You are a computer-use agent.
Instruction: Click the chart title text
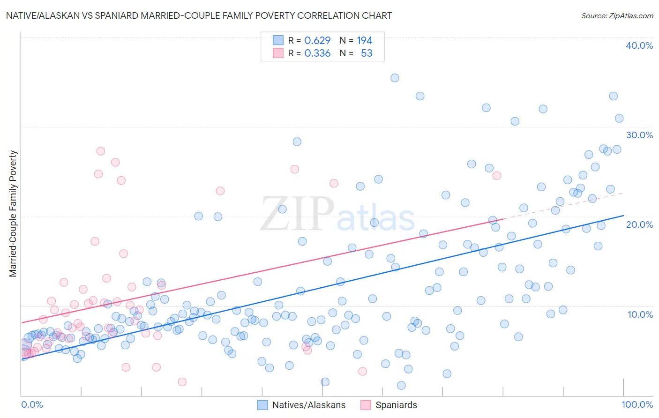coord(199,15)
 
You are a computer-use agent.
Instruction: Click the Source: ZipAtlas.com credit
coord(617,15)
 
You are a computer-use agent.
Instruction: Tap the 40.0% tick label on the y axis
coord(639,45)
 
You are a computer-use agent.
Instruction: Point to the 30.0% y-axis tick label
coord(639,135)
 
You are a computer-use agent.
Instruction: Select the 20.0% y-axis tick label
coord(639,224)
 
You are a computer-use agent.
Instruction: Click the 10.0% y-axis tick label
coord(640,314)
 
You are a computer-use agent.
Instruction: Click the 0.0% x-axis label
coord(32,404)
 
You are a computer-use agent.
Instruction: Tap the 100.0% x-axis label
coord(637,404)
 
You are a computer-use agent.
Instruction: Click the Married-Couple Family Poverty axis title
coord(13,214)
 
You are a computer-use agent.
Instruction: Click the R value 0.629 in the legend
coord(317,41)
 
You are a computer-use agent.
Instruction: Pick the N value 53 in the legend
coord(367,53)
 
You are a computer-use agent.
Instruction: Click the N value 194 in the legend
coord(364,41)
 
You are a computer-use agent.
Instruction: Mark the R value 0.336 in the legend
coord(317,53)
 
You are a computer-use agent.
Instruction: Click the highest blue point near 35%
coord(395,78)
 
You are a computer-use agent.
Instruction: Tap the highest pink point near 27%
coord(100,151)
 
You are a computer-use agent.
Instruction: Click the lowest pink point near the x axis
coord(182,382)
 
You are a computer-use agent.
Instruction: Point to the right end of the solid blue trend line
coord(623,216)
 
